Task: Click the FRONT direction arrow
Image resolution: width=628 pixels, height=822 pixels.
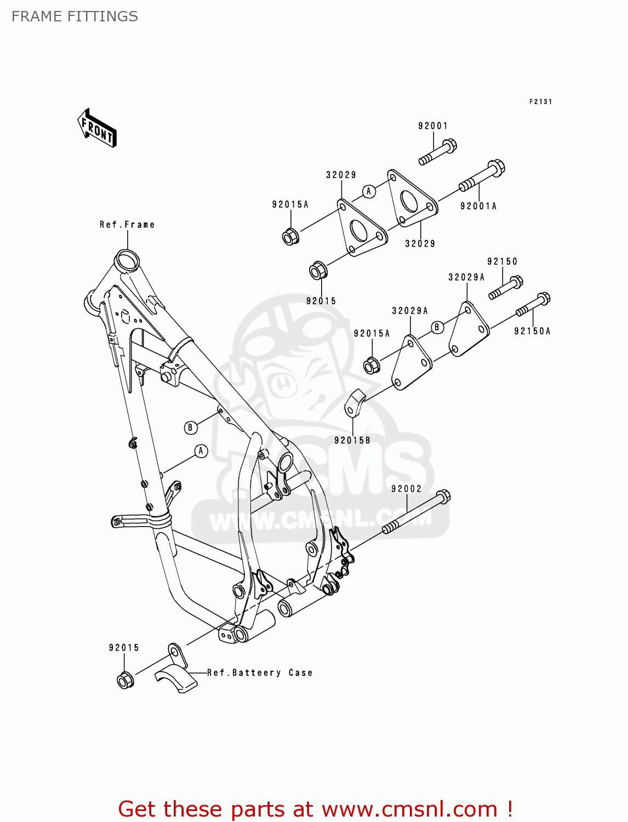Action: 97,128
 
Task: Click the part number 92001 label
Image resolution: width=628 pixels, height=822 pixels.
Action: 433,126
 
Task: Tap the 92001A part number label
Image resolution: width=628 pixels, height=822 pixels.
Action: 478,206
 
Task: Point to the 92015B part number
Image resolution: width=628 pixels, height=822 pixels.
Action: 352,440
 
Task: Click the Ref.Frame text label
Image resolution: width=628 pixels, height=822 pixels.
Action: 127,225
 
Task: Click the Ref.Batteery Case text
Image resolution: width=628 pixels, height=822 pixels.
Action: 260,672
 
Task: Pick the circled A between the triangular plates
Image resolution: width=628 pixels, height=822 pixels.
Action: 369,191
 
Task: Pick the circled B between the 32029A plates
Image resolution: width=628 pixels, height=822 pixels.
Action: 437,327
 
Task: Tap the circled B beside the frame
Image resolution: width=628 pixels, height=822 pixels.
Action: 190,427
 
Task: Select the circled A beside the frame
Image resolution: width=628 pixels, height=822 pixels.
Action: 201,451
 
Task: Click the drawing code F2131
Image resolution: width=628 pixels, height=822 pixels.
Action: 540,101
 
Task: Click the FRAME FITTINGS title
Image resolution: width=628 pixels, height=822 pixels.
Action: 75,16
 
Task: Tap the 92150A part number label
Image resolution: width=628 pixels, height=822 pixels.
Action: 532,331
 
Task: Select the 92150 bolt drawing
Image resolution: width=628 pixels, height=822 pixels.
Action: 506,288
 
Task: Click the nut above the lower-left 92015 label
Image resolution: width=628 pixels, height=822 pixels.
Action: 125,681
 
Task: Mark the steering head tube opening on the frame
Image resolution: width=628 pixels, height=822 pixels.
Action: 127,260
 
